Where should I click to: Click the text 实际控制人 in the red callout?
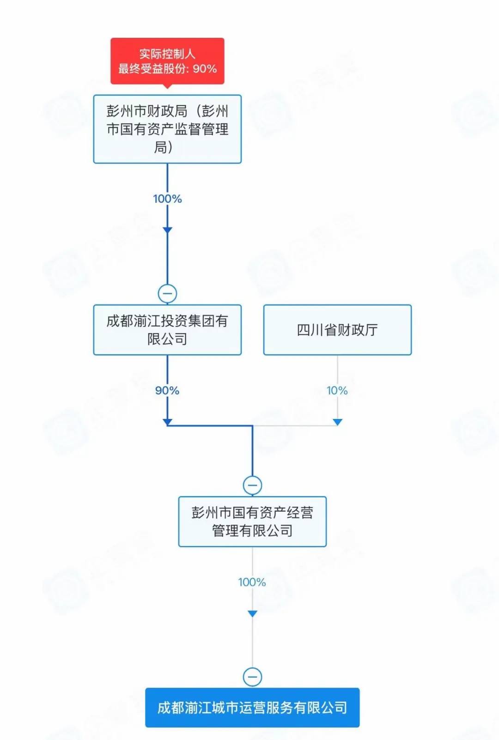point(167,54)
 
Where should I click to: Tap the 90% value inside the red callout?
point(205,69)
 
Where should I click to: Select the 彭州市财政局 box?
point(167,129)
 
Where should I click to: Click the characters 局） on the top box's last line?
point(163,147)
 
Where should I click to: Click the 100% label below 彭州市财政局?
point(167,199)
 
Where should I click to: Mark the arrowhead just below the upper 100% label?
point(167,230)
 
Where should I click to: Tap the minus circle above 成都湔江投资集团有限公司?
point(167,293)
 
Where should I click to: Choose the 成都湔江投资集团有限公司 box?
point(167,330)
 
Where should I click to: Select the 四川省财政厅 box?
point(337,330)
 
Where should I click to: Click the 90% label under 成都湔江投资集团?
point(167,391)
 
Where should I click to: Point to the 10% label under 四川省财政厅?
point(337,391)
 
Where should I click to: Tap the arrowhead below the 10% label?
point(337,422)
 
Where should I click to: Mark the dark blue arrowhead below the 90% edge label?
point(167,422)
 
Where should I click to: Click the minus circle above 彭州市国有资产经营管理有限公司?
point(252,485)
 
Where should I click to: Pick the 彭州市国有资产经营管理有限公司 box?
point(252,522)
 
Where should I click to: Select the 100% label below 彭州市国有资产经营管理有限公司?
point(252,582)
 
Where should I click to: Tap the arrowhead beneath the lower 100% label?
point(252,613)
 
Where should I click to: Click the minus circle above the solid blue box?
point(252,677)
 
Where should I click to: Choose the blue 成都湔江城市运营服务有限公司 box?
point(252,708)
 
